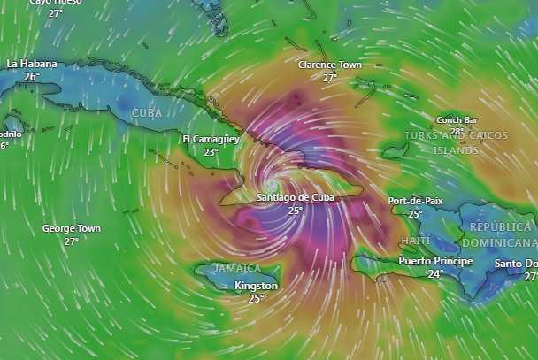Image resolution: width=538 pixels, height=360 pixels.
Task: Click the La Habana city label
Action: point(32,64)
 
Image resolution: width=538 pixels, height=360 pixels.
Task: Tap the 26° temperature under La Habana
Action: point(32,77)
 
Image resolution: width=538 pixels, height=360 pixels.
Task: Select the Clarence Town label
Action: point(329,65)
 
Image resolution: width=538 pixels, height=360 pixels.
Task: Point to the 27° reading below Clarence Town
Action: point(329,78)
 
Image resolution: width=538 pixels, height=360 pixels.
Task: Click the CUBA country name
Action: point(147,113)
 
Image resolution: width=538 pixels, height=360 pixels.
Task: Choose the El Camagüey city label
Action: point(211,140)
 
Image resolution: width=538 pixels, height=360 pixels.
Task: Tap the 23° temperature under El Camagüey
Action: point(211,152)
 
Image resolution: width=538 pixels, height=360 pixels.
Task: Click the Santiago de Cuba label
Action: point(296,197)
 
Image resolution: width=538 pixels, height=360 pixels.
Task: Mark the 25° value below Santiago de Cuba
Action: point(296,211)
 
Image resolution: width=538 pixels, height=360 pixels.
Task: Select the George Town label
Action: point(72,228)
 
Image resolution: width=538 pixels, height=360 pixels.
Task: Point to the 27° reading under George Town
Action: point(72,241)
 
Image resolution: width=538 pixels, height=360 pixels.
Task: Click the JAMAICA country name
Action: point(226,268)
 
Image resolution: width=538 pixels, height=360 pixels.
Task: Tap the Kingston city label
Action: point(257,286)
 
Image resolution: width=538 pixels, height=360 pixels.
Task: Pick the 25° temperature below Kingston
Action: point(257,299)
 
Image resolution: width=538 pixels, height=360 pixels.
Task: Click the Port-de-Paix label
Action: point(415,201)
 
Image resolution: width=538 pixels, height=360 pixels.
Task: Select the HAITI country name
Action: point(415,241)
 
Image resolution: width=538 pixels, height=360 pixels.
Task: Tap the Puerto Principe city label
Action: point(435,261)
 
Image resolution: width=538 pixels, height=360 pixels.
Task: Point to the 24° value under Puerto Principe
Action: point(435,274)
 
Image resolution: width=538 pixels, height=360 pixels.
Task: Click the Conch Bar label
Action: point(457,119)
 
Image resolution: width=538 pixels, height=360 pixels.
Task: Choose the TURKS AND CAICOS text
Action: point(456,135)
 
